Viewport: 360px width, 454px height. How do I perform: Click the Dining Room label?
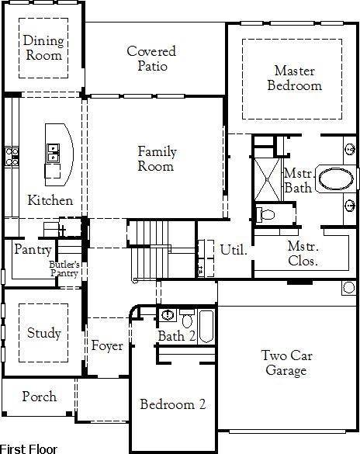tap(43, 48)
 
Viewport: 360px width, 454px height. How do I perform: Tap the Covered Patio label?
tap(151, 59)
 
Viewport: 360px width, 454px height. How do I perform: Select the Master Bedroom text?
tap(294, 78)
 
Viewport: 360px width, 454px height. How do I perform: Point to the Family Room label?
tap(157, 159)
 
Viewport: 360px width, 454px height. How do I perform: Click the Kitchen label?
tap(50, 200)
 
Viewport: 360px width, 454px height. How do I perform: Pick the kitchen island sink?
tap(54, 153)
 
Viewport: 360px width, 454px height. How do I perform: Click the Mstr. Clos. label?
tap(303, 254)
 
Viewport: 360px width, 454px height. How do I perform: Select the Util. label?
tap(234, 250)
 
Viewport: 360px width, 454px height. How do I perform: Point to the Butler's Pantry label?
tap(65, 269)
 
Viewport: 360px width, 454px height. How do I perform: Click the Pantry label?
tap(33, 250)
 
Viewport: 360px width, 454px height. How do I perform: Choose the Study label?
tap(43, 334)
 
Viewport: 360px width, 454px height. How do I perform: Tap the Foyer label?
tap(107, 346)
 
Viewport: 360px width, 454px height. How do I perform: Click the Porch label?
tap(39, 397)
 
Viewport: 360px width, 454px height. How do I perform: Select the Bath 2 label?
tap(177, 336)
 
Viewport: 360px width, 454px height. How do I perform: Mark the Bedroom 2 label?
tap(172, 404)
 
